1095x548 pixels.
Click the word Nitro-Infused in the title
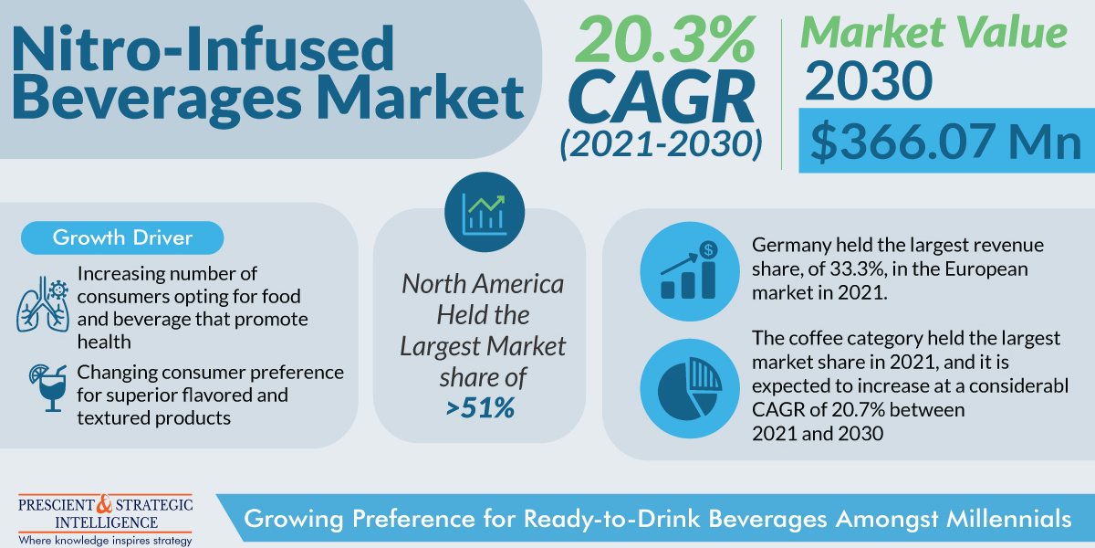tap(203, 50)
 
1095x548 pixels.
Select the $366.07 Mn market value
tap(945, 142)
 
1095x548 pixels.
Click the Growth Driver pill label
tap(122, 238)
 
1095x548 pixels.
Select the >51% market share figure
tap(481, 407)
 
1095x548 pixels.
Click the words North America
tap(483, 284)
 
